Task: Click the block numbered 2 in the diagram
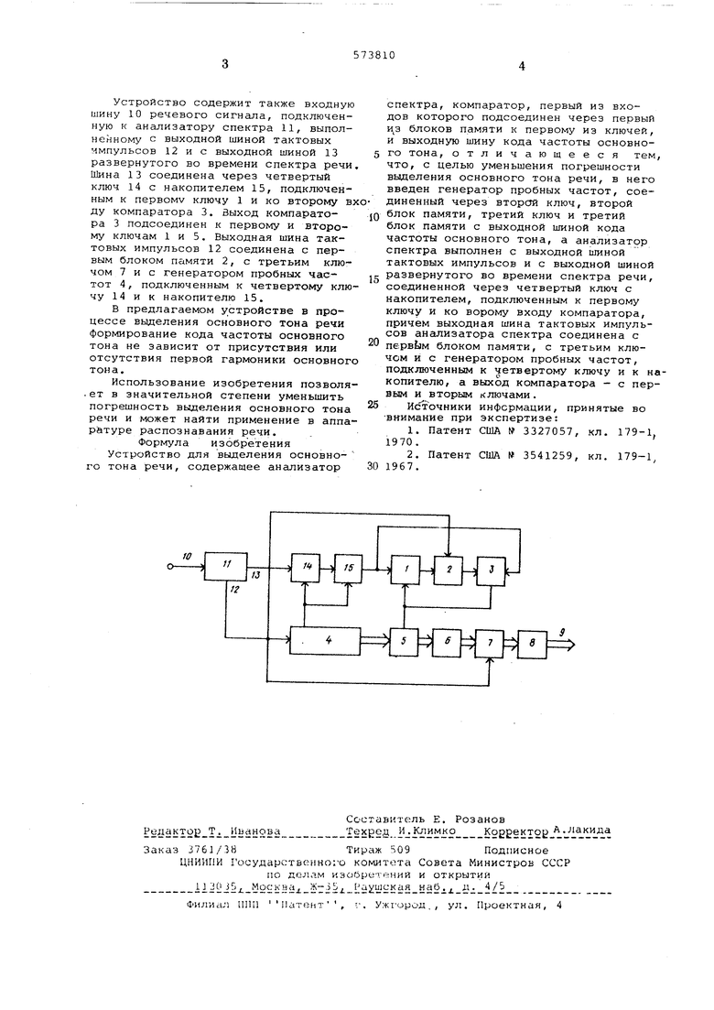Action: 448,570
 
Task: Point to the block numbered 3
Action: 492,570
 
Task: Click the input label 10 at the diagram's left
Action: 186,557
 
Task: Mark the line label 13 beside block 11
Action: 255,575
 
